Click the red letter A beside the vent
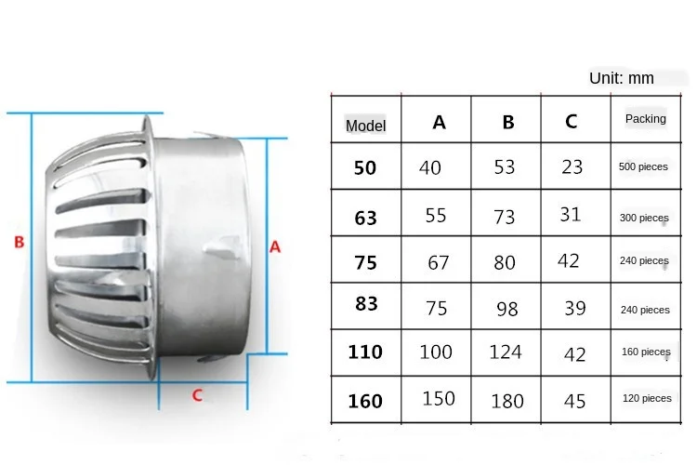[275, 247]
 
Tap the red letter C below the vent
[197, 394]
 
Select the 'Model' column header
[365, 126]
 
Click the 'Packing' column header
[645, 119]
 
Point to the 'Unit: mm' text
[622, 78]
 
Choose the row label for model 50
[365, 168]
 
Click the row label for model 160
[365, 402]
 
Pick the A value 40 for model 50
[430, 168]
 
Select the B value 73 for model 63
[505, 217]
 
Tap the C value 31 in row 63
[571, 215]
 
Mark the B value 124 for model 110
[506, 352]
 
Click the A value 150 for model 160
[438, 398]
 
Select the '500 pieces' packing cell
[643, 167]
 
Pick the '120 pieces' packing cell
[647, 398]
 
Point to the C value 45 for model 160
[574, 400]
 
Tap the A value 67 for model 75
[439, 263]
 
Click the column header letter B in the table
[507, 122]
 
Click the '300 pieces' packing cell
[644, 219]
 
